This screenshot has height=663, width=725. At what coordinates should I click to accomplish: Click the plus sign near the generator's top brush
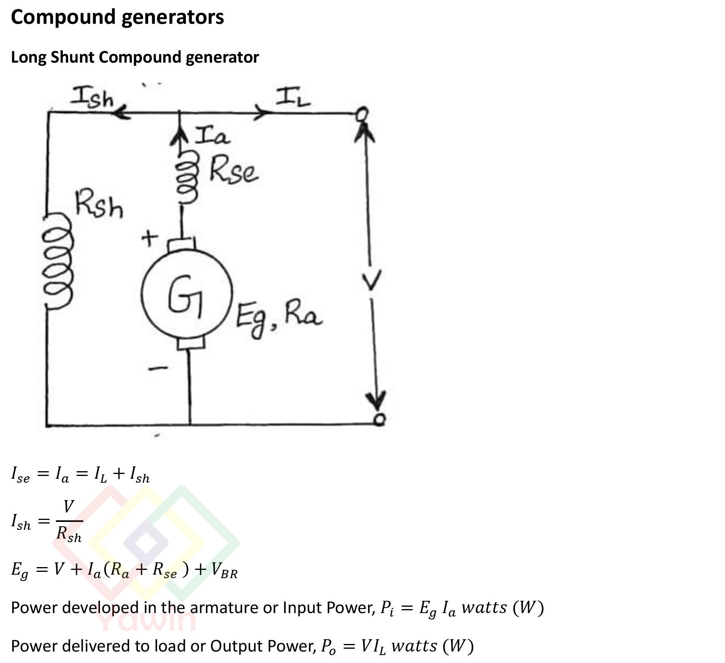point(149,239)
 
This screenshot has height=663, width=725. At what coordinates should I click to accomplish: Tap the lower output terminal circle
point(379,419)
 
